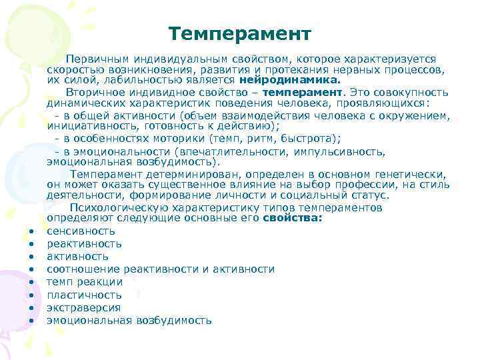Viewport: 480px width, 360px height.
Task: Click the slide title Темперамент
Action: click(x=240, y=33)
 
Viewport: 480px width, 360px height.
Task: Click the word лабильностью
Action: click(x=145, y=78)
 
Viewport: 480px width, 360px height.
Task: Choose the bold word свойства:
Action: click(x=292, y=217)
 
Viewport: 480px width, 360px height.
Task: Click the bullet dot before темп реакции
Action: click(x=31, y=283)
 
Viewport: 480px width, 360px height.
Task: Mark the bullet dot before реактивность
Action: click(x=31, y=244)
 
